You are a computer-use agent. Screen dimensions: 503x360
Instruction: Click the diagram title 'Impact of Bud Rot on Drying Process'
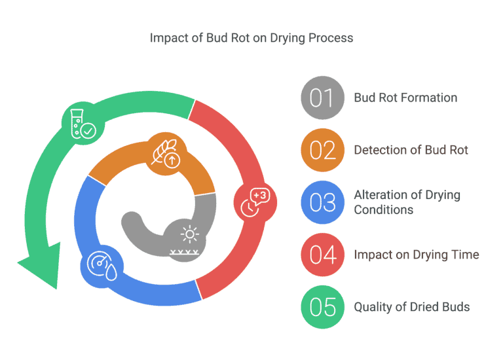(251, 38)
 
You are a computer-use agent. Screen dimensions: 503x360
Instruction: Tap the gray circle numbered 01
(323, 98)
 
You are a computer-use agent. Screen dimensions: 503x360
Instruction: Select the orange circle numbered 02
(323, 150)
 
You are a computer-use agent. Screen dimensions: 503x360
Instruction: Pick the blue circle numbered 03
(323, 202)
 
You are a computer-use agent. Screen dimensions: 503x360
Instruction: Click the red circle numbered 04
(323, 255)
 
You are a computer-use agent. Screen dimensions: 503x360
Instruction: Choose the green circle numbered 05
(323, 307)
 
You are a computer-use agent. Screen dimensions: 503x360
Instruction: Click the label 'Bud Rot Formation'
(405, 98)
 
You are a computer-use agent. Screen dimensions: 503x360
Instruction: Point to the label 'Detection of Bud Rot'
(411, 150)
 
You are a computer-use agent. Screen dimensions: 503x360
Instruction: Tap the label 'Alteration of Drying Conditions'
(407, 202)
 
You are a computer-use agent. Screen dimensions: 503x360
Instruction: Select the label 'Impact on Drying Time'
(417, 255)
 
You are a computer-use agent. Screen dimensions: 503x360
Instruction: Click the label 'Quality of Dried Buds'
(411, 307)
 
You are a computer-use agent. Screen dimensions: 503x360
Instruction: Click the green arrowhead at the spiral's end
(42, 266)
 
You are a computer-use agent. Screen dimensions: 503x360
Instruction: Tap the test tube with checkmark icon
(83, 124)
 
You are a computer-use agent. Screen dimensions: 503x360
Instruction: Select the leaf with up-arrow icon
(166, 153)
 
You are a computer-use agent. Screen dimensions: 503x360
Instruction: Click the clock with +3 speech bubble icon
(255, 202)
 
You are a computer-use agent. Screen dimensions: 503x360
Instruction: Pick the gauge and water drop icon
(102, 266)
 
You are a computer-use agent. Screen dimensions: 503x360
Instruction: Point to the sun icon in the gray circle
(189, 234)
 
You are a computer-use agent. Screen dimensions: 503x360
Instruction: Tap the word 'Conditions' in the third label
(384, 209)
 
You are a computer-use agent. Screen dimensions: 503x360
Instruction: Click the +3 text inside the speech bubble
(260, 195)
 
